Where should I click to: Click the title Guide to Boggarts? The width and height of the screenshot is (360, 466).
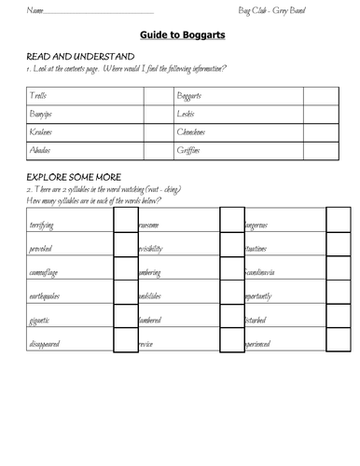(x=181, y=34)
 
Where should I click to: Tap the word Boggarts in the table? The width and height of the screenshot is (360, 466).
(x=191, y=96)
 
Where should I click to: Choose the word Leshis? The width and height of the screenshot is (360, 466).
(x=187, y=114)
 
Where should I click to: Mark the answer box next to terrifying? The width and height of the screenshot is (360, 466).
(x=125, y=220)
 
